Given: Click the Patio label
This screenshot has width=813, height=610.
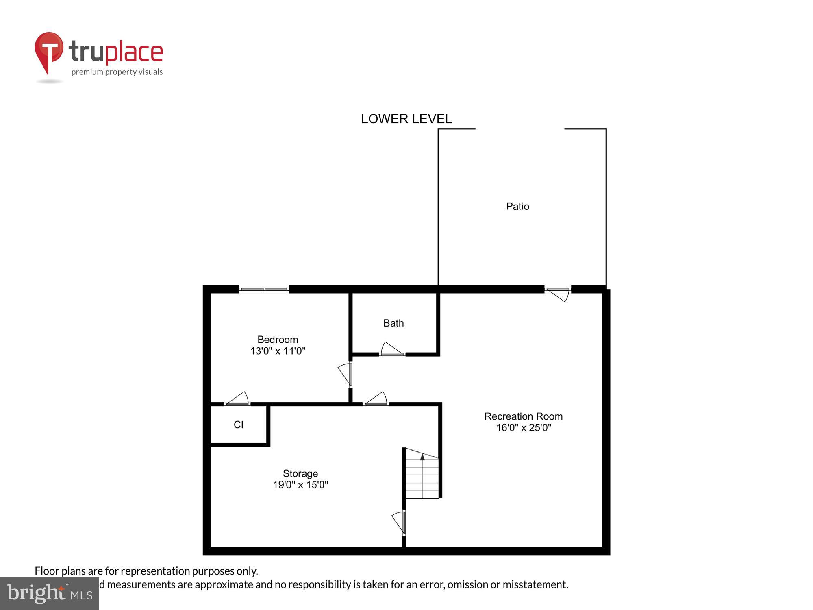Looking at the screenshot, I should (x=517, y=207).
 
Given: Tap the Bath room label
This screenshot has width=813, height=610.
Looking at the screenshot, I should (x=393, y=323).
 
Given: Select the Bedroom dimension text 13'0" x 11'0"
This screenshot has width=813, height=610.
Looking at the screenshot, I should (x=278, y=351).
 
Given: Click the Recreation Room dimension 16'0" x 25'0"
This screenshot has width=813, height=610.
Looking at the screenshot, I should (x=524, y=427).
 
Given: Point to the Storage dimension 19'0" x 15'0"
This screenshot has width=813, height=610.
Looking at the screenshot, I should (x=300, y=485).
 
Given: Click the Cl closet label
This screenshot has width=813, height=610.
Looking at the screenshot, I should (x=239, y=425).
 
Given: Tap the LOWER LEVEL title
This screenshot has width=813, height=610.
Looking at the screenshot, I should (x=406, y=119).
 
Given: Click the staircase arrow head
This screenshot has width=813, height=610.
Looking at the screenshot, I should (x=422, y=457).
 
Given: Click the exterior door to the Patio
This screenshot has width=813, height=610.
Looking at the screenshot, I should (x=558, y=293).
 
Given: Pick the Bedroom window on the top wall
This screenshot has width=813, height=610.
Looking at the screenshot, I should (x=264, y=289).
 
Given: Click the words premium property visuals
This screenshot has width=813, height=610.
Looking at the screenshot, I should (x=117, y=72).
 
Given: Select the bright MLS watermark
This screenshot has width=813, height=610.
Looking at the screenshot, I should (x=50, y=593).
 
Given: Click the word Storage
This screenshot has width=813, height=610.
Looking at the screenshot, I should (x=300, y=473).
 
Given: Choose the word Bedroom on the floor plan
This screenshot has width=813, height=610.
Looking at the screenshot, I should (x=278, y=340).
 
